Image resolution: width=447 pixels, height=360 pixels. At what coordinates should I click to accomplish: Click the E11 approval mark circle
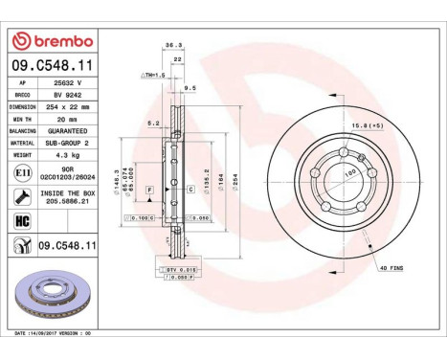click(x=22, y=172)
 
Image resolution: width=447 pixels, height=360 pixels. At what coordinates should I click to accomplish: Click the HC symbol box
click(x=22, y=221)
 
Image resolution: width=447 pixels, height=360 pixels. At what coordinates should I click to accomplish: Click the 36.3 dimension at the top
click(x=173, y=71)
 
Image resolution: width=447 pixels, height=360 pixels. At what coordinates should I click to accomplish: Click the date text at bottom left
click(x=57, y=332)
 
